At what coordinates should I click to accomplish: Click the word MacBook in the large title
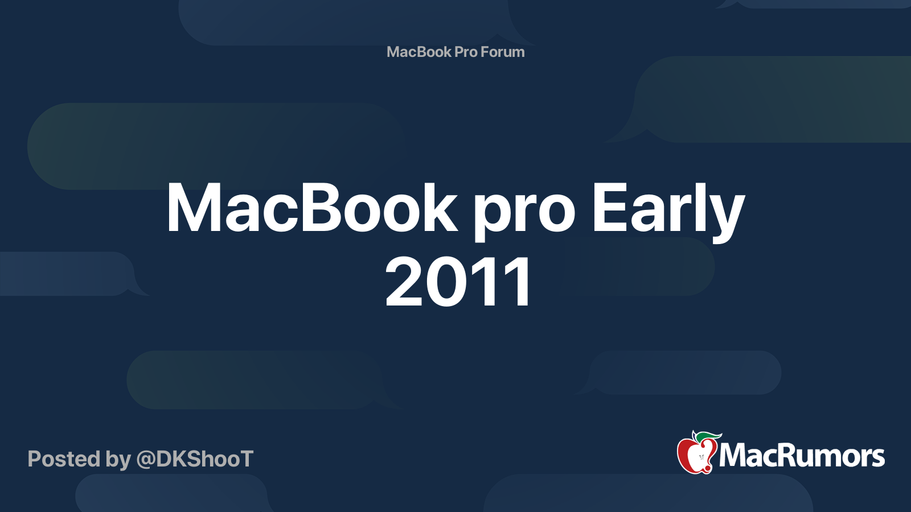pyautogui.click(x=311, y=209)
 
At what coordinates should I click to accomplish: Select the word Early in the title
pyautogui.click(x=668, y=209)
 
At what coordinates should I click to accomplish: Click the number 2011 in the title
pyautogui.click(x=459, y=282)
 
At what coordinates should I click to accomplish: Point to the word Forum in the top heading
pyautogui.click(x=502, y=52)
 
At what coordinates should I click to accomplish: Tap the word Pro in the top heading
pyautogui.click(x=466, y=52)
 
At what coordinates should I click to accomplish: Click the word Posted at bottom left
pyautogui.click(x=64, y=459)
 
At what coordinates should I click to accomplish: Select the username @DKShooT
pyautogui.click(x=195, y=459)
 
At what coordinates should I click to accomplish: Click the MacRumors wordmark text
pyautogui.click(x=802, y=456)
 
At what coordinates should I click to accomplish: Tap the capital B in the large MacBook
pyautogui.click(x=321, y=208)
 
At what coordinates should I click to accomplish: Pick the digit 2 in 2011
pyautogui.click(x=406, y=282)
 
